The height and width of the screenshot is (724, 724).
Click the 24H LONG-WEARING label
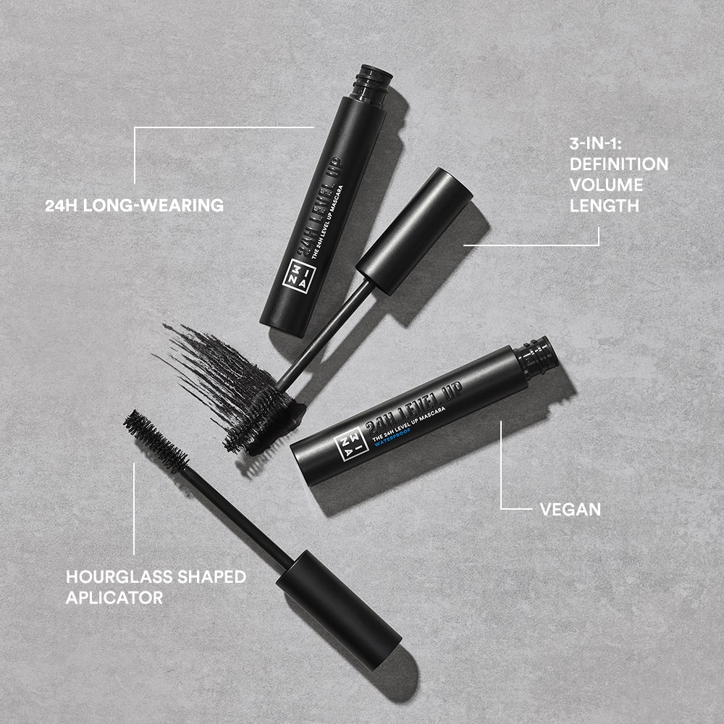(x=135, y=206)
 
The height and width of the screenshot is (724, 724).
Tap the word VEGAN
(x=571, y=509)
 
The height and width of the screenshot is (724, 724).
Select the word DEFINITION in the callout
(x=618, y=164)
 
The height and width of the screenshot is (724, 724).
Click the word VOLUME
(x=606, y=185)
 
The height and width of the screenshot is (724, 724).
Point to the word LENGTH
(x=605, y=206)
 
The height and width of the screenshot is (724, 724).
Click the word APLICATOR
(x=114, y=598)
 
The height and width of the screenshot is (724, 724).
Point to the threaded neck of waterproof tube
(x=538, y=356)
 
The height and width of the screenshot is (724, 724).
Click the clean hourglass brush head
(x=155, y=440)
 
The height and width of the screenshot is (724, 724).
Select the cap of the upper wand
(x=414, y=230)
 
